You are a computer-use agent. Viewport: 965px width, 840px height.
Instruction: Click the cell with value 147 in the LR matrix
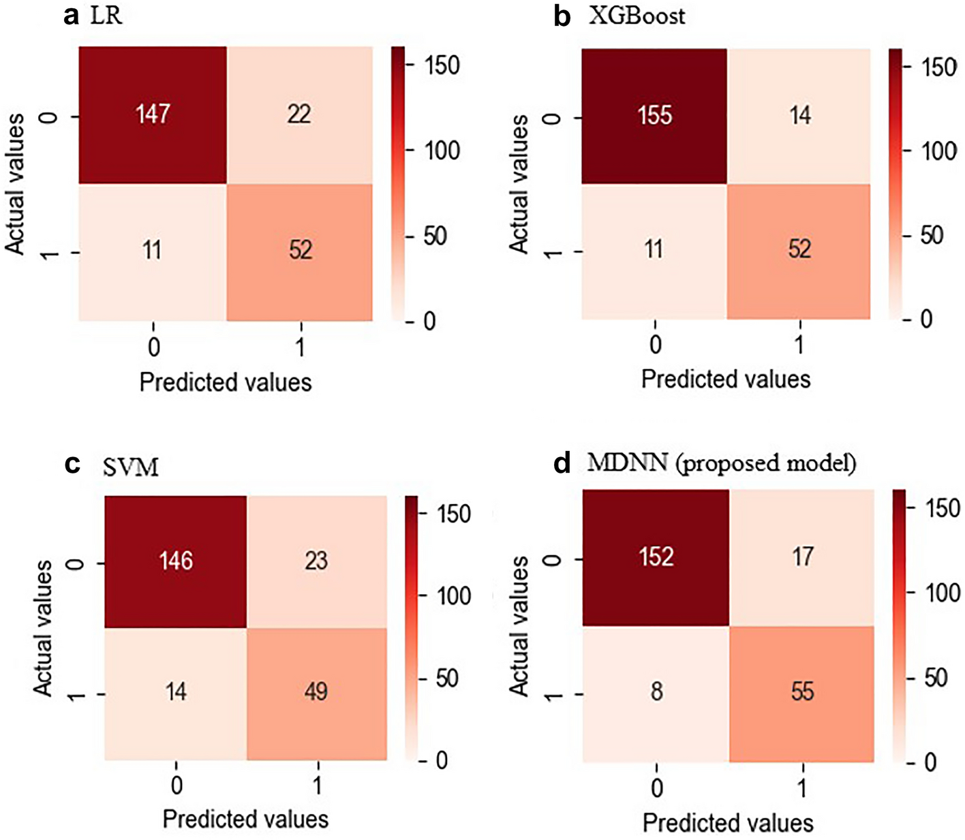152,114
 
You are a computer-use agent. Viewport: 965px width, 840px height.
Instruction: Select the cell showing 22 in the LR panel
299,114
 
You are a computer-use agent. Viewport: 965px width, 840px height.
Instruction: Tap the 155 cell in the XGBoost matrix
654,115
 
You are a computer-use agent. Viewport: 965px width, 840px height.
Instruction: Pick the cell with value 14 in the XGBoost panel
799,115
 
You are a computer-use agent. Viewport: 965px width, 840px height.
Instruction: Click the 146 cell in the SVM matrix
176,561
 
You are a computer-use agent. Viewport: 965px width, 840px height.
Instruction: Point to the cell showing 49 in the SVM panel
316,692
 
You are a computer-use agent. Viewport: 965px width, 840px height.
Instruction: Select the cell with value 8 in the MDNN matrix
656,692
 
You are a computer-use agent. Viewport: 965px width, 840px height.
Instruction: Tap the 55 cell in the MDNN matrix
802,692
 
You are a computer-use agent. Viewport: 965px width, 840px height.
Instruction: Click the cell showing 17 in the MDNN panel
802,557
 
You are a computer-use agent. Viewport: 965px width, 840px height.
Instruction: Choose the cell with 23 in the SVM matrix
316,561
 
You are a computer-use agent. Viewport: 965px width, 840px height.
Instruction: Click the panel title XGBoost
637,16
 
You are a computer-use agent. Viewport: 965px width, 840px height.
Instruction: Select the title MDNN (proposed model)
721,463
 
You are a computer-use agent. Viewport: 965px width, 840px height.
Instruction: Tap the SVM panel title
131,467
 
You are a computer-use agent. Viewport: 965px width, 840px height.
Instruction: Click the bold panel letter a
71,15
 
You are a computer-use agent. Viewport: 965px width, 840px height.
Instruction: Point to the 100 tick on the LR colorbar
442,151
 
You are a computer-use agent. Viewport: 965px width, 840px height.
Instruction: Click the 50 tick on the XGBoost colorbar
932,236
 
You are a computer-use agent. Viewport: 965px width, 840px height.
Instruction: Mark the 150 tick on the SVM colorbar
454,514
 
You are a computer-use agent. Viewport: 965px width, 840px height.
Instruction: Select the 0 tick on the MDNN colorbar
930,762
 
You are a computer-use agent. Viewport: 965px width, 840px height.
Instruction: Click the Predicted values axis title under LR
226,382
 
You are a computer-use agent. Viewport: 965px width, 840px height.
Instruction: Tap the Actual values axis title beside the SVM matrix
43,627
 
